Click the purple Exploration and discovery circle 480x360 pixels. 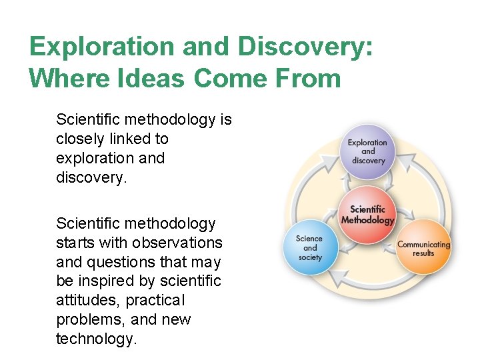(368, 151)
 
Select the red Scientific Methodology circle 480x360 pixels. (368, 215)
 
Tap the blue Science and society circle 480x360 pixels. (310, 247)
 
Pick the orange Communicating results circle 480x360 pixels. (423, 249)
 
